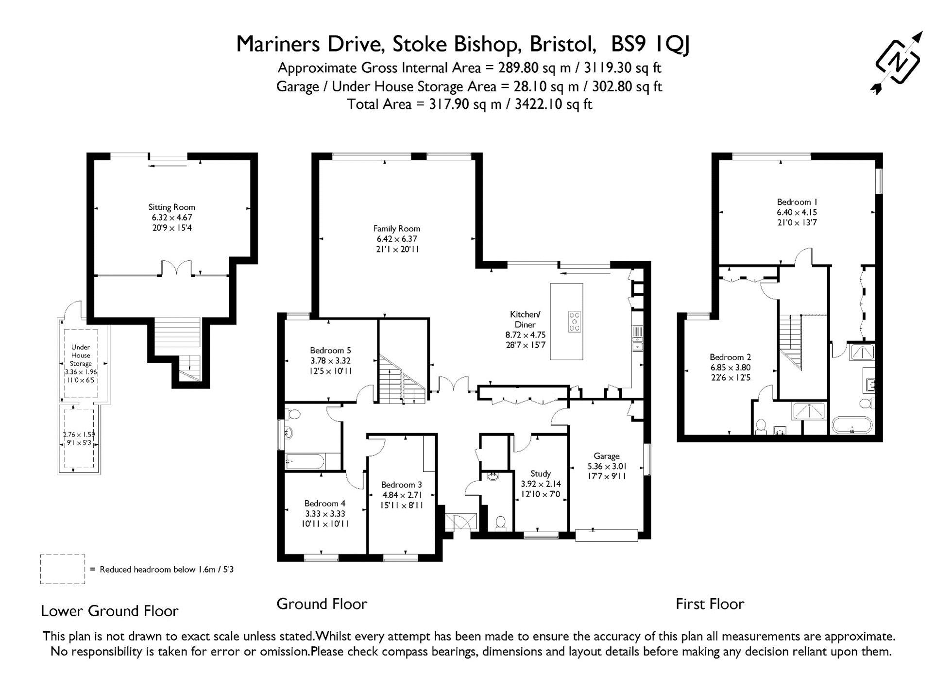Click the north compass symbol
pos(898,63)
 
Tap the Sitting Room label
pos(172,207)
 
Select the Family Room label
pos(397,229)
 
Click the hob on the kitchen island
pos(574,321)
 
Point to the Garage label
pos(606,456)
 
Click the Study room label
pos(541,473)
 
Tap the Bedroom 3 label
pos(401,485)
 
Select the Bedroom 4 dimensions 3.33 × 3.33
pos(325,514)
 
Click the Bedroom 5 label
pos(330,351)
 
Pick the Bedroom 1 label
pos(797,202)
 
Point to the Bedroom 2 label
pos(730,357)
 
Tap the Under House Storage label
pos(81,355)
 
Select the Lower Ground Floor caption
pos(110,611)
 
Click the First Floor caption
pos(710,604)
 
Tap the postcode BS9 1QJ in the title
pos(650,45)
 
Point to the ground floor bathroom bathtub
pos(306,461)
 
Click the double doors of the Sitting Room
pos(176,268)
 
